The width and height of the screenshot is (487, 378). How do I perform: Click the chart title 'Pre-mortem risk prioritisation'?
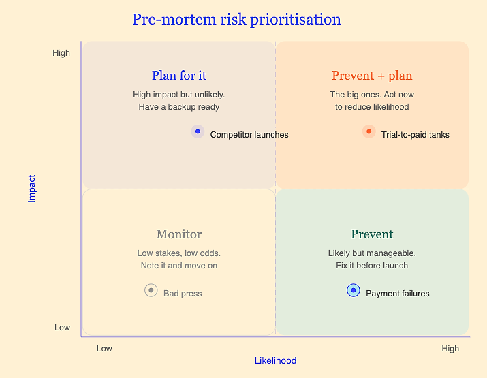pos(236,20)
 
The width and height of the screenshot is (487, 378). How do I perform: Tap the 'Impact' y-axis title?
pos(32,189)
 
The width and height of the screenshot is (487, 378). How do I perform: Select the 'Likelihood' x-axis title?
pos(275,360)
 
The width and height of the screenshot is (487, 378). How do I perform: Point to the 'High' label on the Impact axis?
pos(61,53)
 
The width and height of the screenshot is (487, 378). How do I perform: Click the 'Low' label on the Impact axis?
pos(63,328)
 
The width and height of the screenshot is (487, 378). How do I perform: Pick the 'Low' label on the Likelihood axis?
pos(104,349)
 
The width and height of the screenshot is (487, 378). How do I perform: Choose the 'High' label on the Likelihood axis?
pos(450,349)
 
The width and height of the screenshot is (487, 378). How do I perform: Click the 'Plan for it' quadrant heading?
pos(179,76)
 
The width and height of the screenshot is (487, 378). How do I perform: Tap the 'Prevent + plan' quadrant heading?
pos(372,76)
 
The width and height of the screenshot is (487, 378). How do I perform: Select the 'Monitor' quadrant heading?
pos(179,234)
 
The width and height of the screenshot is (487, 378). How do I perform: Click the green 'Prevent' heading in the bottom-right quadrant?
pos(372,234)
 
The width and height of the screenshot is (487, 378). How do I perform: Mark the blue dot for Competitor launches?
pos(198,131)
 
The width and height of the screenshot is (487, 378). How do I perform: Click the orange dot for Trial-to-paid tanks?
pos(369,131)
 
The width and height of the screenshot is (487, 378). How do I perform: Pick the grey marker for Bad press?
pos(151,290)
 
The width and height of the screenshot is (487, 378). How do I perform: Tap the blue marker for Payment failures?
pos(354,290)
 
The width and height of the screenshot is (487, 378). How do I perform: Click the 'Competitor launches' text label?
pos(249,135)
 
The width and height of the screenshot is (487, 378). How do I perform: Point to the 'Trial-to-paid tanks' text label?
pos(415,135)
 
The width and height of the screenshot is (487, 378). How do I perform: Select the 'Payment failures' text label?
pos(398,294)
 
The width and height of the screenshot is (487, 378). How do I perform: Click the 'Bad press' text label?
pos(183,294)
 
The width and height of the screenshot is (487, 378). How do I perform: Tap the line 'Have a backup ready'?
pos(179,107)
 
